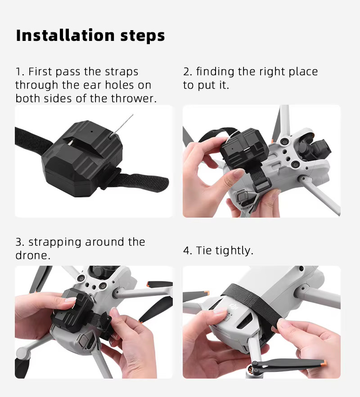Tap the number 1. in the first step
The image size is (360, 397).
coord(20,72)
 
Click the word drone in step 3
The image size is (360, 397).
coord(31,255)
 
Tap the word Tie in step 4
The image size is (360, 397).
coord(204,251)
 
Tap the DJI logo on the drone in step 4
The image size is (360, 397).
coord(233,307)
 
